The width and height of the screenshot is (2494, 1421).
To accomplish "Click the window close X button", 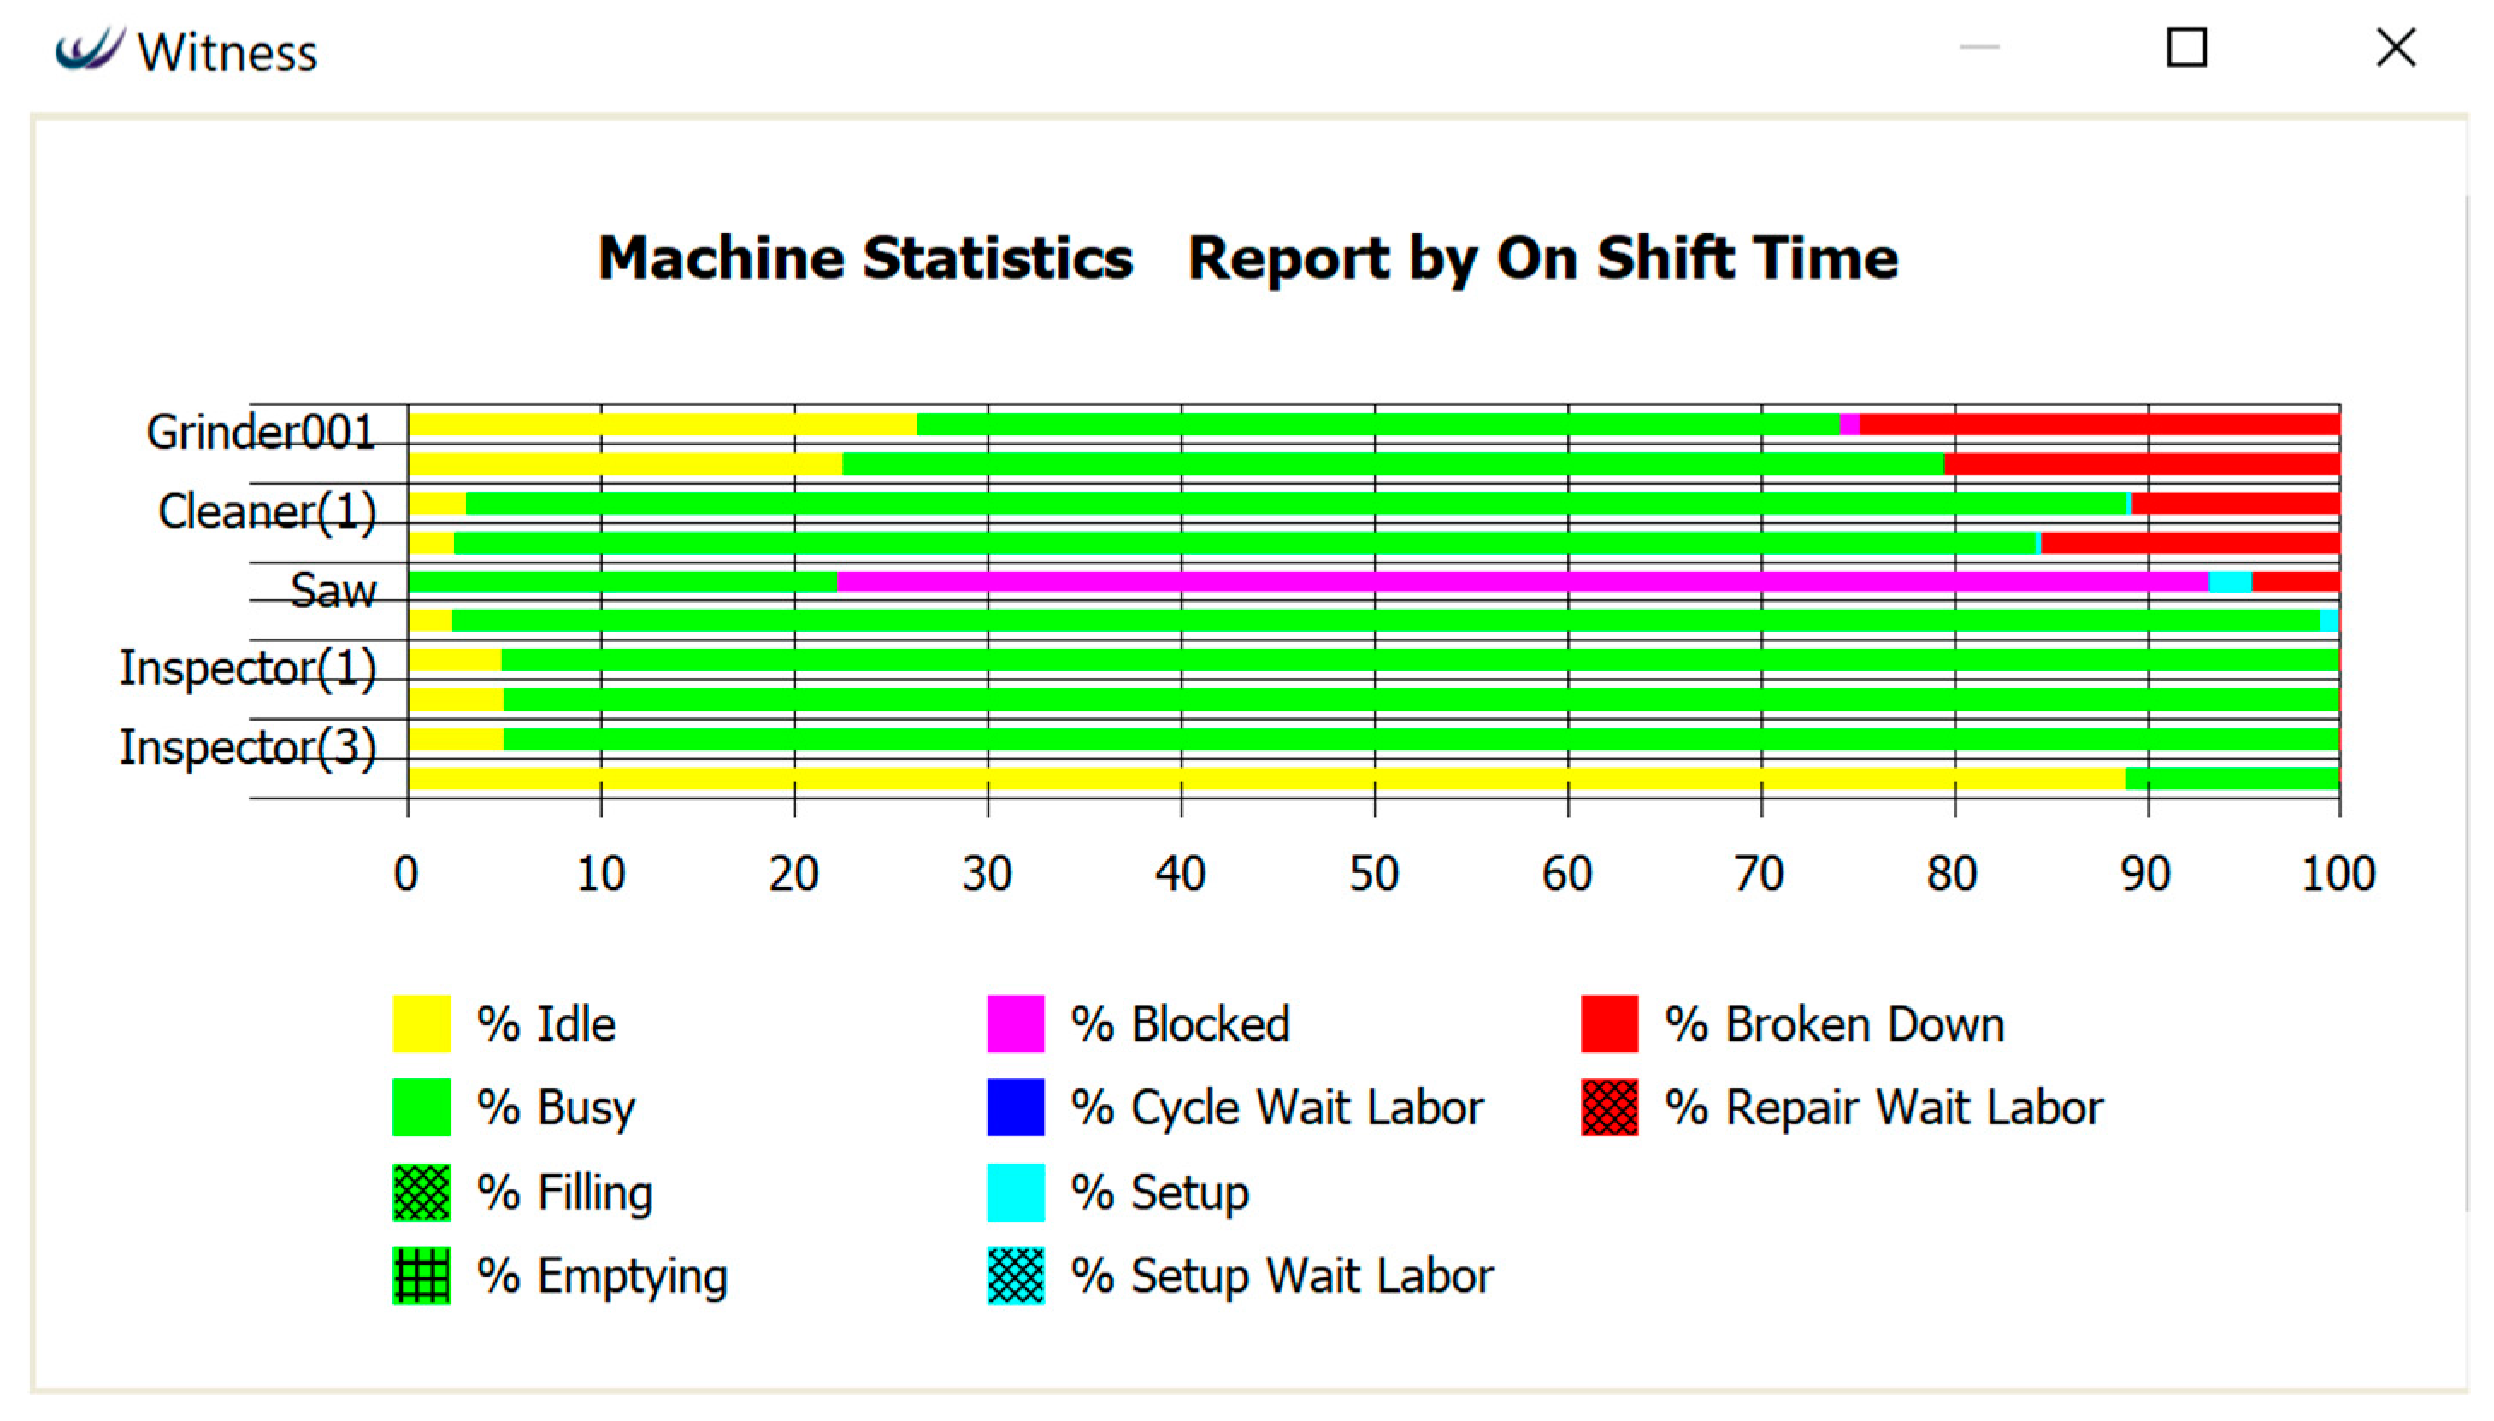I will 2395,47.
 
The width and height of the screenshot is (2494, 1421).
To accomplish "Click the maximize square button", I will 2187,47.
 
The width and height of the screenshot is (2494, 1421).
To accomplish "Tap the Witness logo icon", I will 90,49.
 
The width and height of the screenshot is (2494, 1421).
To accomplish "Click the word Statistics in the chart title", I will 997,258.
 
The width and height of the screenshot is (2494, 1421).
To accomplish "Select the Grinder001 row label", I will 261,432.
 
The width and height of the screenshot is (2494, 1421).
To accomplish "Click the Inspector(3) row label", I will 248,746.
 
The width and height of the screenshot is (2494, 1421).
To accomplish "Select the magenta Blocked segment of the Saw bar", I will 1522,581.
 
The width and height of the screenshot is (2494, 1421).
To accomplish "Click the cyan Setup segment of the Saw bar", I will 2230,581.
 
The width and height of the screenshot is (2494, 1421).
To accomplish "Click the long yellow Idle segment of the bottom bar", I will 1269,778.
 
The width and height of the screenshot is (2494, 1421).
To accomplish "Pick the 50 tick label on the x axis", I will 1374,875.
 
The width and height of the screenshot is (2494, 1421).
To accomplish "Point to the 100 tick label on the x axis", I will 2338,875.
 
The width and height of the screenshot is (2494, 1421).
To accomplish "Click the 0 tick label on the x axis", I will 407,875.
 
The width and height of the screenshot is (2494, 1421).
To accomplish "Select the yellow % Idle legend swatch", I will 422,1023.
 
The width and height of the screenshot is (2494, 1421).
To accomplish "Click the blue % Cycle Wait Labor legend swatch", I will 1015,1106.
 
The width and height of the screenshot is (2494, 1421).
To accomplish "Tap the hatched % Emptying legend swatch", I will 422,1276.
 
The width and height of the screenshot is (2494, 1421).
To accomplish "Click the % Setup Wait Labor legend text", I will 1281,1276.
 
